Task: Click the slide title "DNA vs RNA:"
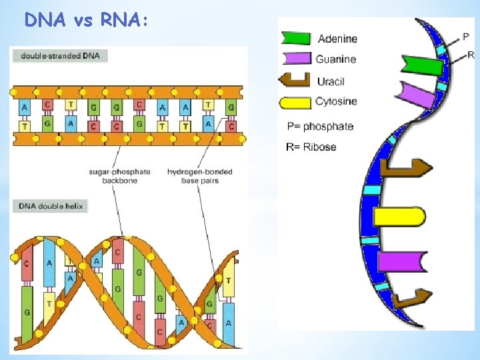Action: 83,20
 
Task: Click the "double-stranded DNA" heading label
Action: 60,56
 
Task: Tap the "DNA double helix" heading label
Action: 51,206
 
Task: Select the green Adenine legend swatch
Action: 295,39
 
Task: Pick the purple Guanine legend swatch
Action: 296,59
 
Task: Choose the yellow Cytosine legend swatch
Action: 296,102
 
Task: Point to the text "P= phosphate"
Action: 320,127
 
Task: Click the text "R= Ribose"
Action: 311,147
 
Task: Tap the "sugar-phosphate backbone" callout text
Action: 119,175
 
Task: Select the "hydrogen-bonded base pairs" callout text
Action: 199,175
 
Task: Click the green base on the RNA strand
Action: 423,65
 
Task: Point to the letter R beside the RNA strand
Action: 471,55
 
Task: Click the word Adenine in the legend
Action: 337,39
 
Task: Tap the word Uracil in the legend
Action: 331,81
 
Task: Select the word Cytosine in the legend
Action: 336,102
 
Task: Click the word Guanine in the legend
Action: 336,59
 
